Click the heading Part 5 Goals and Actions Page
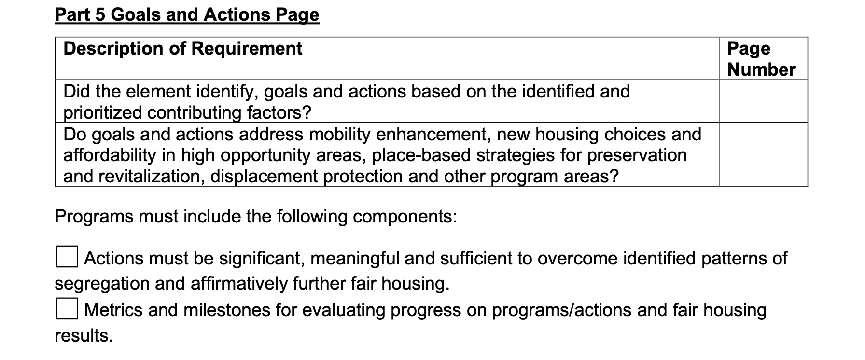coord(187,14)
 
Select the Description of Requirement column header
coord(183,48)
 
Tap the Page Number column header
coord(761,59)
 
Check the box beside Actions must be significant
coord(66,257)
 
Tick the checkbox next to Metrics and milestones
coord(66,308)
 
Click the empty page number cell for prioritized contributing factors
coord(763,101)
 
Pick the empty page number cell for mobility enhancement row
coord(763,154)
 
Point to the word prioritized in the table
coord(103,113)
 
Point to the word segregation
coord(102,284)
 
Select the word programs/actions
coord(561,310)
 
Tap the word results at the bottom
coord(84,335)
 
